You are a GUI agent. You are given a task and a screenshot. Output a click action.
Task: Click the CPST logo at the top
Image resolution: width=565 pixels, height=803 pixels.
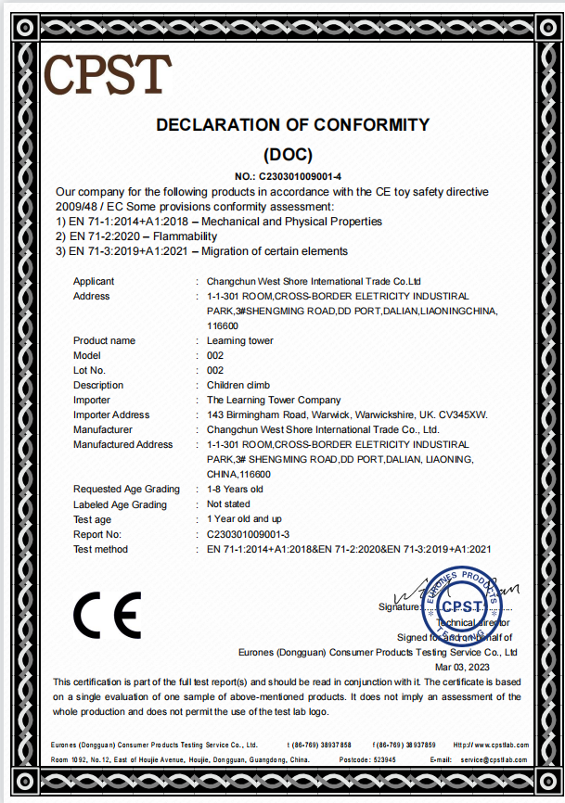108,74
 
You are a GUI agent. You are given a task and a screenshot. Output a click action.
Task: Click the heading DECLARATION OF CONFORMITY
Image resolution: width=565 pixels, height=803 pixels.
292,124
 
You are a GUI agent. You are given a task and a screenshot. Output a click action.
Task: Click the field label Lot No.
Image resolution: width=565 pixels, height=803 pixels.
89,370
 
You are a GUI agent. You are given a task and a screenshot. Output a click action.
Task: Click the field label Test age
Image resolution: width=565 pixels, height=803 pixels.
92,519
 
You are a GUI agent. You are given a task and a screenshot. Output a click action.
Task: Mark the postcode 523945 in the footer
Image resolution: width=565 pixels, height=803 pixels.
379,759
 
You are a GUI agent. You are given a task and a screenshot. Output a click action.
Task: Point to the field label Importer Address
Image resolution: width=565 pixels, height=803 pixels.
111,414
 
